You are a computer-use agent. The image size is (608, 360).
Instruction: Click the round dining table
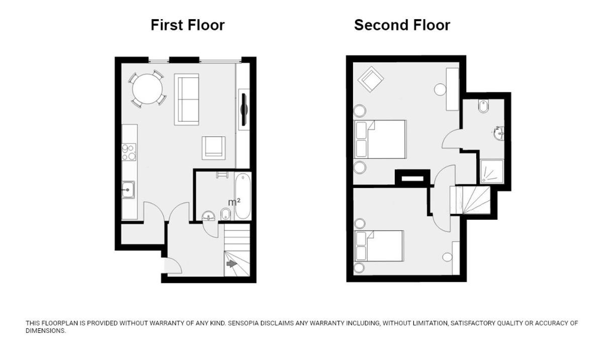147,88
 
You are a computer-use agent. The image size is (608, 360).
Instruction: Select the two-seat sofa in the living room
187,99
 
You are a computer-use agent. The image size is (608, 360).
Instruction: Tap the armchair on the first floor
214,148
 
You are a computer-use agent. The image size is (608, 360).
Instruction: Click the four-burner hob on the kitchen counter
129,152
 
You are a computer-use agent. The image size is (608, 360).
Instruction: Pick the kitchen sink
128,190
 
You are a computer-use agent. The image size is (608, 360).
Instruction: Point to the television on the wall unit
244,109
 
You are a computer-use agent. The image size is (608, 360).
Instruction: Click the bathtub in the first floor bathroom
243,196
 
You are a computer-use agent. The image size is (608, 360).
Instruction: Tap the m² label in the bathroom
234,202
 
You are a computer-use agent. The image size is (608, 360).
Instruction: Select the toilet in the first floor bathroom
226,215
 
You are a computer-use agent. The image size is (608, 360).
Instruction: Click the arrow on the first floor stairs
231,263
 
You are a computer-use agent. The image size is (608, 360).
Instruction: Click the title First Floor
188,25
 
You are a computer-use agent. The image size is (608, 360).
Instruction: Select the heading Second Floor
402,25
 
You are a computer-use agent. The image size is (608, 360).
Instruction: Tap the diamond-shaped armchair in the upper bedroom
371,79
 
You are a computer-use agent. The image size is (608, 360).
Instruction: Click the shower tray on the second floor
492,171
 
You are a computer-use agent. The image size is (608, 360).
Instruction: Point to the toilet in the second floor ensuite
483,106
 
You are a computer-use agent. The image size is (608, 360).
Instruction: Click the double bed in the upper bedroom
380,139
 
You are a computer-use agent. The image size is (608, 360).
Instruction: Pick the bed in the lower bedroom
379,246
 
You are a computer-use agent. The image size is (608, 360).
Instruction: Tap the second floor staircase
470,200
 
